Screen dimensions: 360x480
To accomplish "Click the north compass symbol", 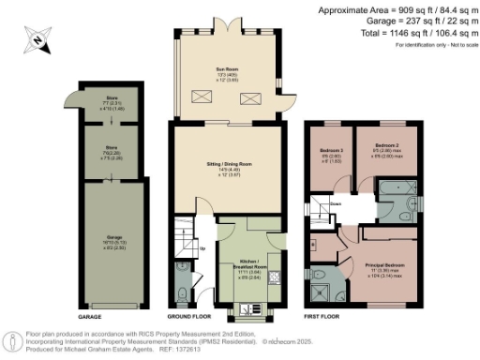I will (36, 38).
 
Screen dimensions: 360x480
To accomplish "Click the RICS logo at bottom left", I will (13, 339).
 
